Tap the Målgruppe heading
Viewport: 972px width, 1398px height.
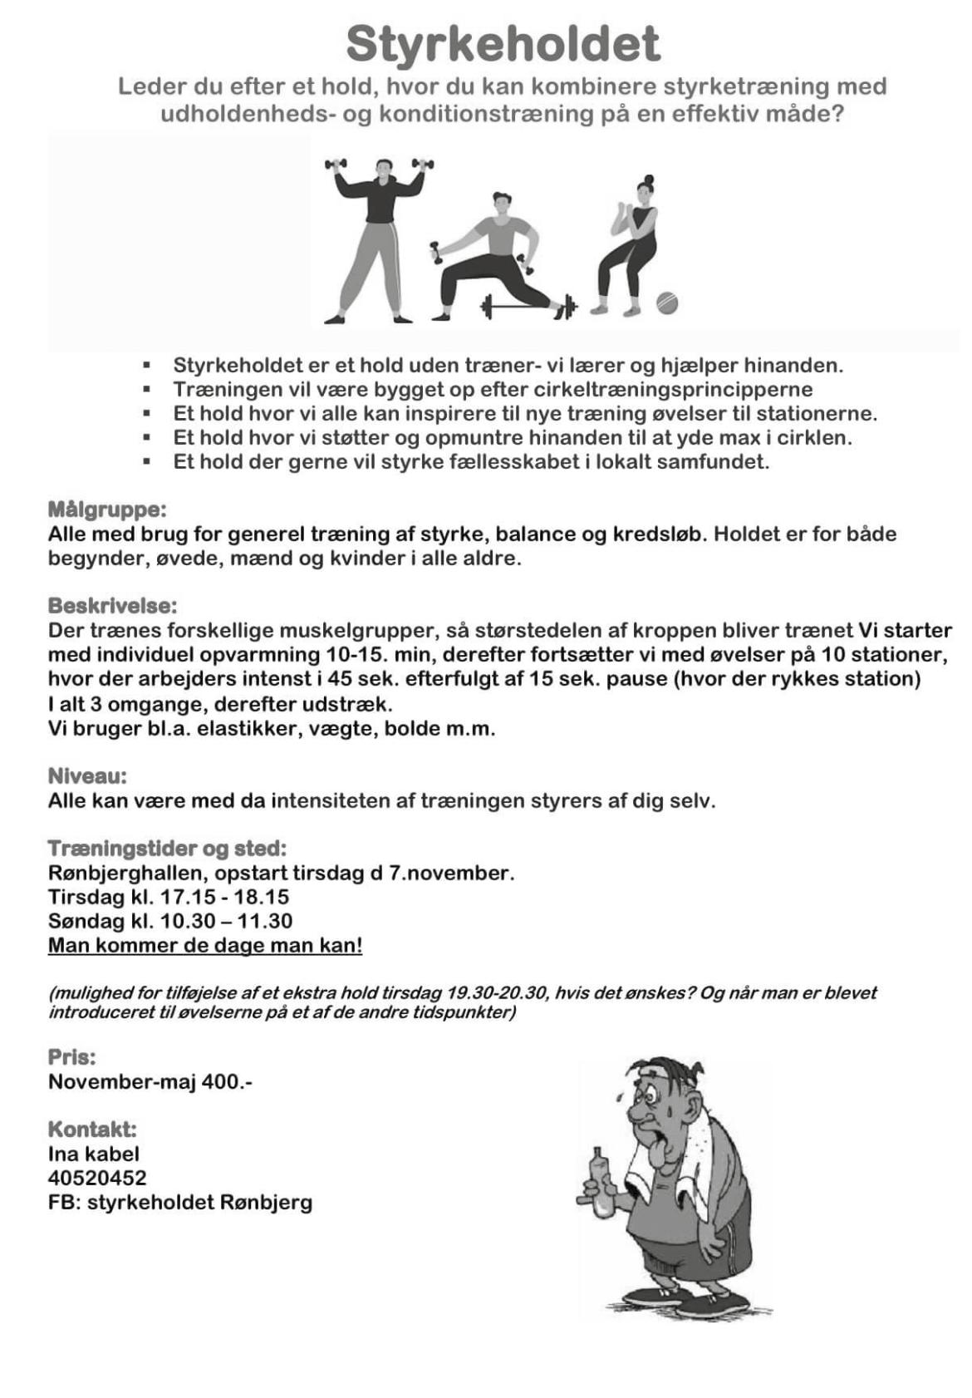[x=107, y=509]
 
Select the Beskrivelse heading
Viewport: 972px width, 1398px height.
[x=112, y=605]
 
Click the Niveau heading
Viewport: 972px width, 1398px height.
[x=87, y=776]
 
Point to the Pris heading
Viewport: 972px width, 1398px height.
[x=71, y=1057]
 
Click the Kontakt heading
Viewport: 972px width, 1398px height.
[x=92, y=1130]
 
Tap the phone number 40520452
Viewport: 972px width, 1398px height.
[x=97, y=1178]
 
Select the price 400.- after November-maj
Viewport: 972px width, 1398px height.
[x=227, y=1081]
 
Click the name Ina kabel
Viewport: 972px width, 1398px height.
[x=94, y=1154]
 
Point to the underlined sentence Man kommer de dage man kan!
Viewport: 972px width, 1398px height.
[x=205, y=945]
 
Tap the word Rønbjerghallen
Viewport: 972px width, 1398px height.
[x=125, y=873]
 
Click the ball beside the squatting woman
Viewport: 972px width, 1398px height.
[x=666, y=303]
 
